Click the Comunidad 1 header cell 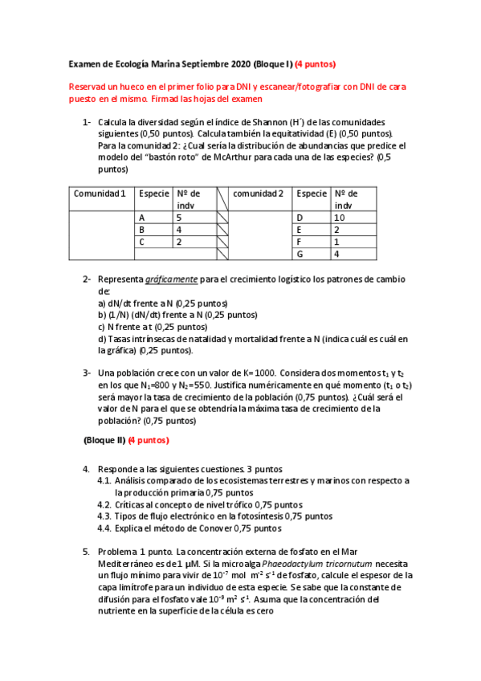100,194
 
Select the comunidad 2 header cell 259,194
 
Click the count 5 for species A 179,218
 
